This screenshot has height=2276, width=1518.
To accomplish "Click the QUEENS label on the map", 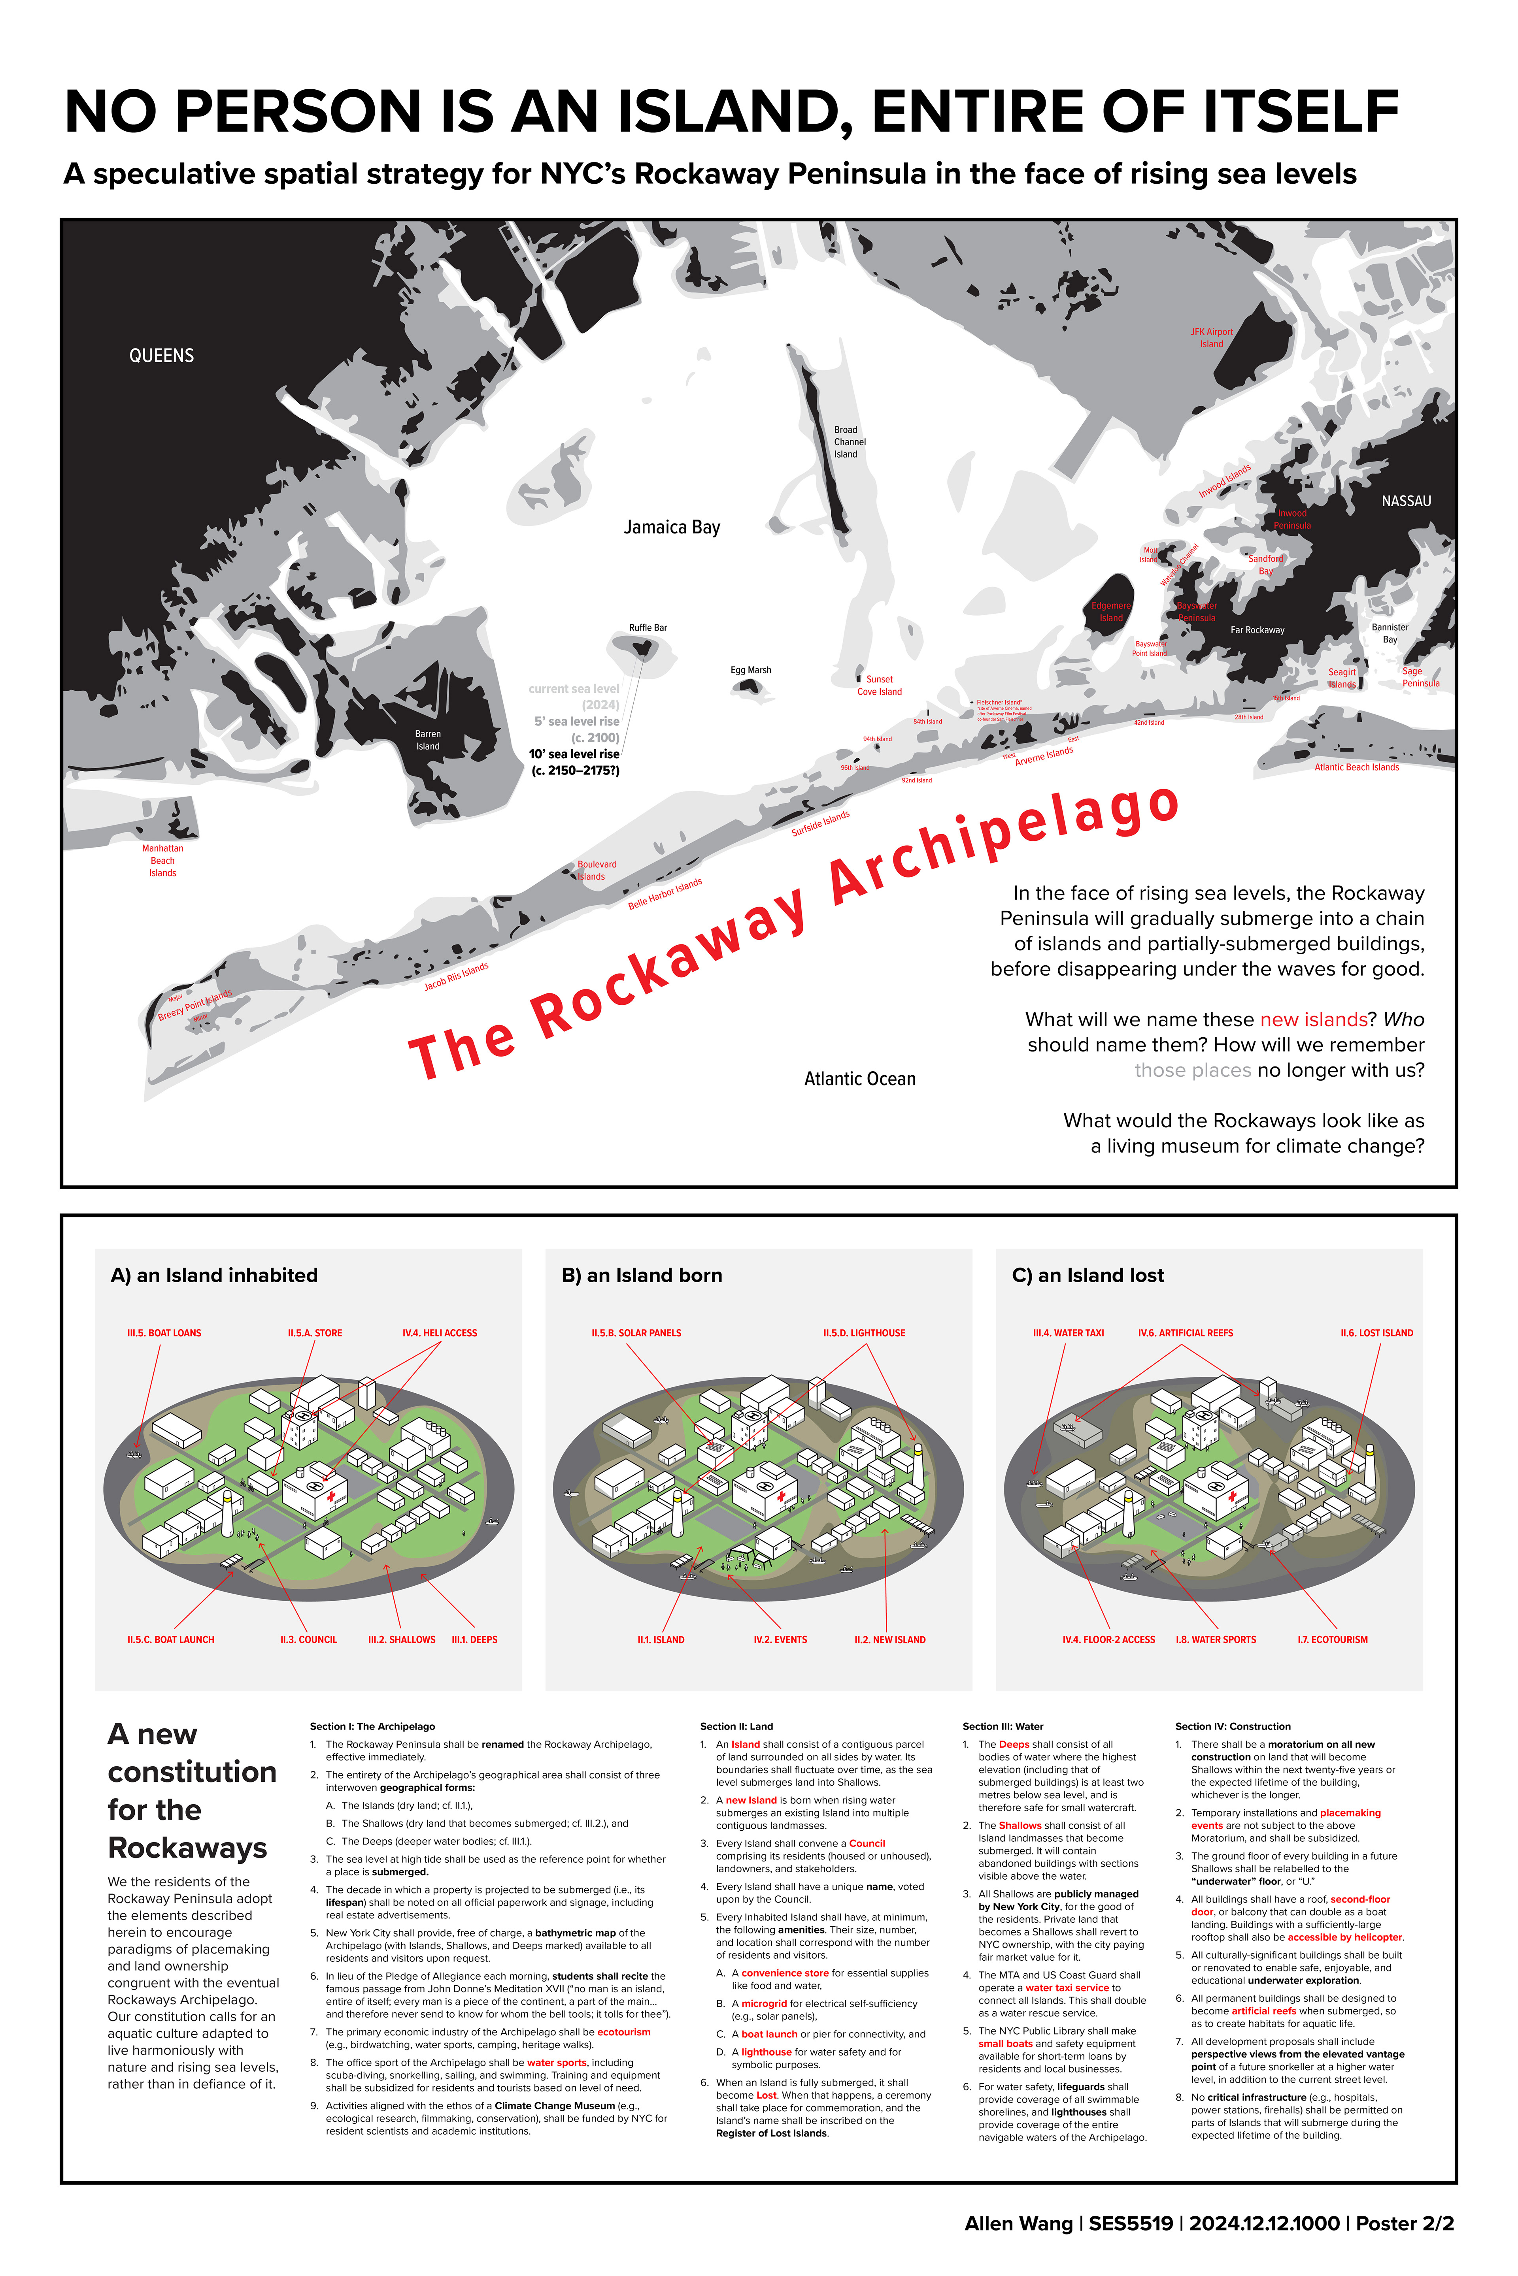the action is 162,356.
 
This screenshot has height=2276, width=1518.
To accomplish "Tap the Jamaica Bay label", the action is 672,528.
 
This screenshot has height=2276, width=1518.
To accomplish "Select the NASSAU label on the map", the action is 1406,501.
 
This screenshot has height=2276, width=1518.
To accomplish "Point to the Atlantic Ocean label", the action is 860,1079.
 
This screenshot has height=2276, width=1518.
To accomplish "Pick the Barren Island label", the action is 428,740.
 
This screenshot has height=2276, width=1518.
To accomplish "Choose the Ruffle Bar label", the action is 648,628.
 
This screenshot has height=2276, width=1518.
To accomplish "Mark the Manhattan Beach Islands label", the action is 162,860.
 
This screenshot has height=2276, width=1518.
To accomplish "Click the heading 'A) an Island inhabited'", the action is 214,1276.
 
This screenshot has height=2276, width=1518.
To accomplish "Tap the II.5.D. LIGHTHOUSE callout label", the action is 863,1334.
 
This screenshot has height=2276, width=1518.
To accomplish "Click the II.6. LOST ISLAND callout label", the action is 1376,1334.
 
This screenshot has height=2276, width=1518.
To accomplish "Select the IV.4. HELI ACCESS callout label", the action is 440,1334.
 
